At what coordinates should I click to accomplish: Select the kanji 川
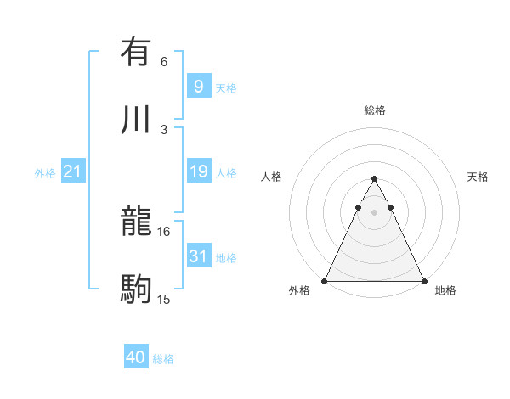click(136, 120)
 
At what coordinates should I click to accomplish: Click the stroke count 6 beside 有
click(164, 61)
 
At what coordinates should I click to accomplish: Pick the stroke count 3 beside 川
click(164, 130)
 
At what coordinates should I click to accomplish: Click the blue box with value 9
click(198, 86)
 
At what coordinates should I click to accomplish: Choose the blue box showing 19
click(198, 171)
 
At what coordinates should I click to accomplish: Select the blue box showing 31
click(198, 256)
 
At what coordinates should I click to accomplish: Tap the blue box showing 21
click(73, 171)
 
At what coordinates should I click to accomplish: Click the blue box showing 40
click(136, 357)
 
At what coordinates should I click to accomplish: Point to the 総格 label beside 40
click(163, 359)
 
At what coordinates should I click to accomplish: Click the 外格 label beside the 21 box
click(45, 173)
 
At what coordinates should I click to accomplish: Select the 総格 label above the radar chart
click(375, 110)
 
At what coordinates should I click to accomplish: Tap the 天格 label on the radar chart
click(479, 177)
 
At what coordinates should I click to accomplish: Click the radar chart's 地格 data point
click(424, 280)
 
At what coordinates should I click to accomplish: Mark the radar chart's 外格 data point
click(325, 280)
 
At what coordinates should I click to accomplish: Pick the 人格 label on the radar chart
click(271, 177)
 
